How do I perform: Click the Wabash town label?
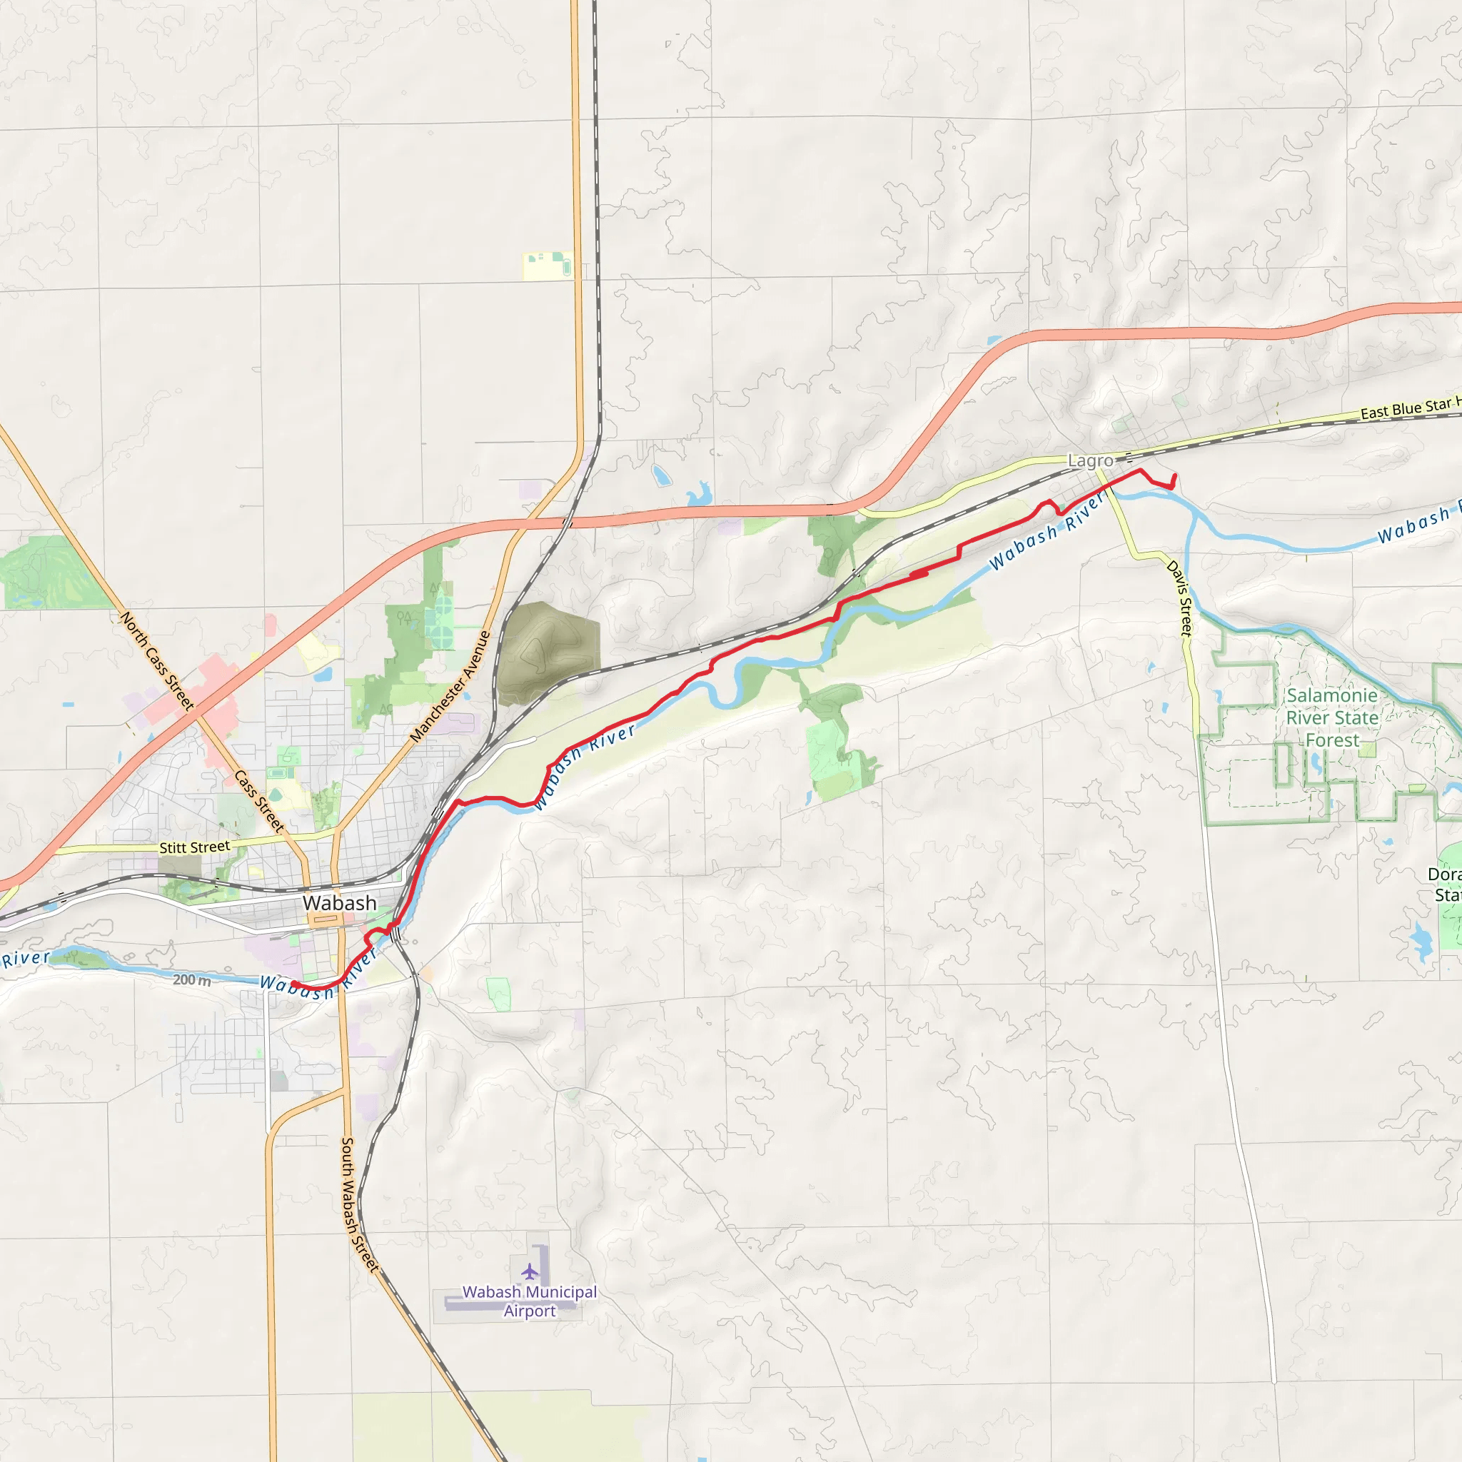pos(339,903)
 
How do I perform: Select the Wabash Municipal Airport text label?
pos(530,1301)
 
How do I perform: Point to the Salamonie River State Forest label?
pos(1332,717)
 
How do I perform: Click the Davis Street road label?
pos(1180,598)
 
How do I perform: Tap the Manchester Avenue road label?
pos(450,685)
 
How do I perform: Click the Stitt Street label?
pos(194,847)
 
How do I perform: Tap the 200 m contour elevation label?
pos(192,980)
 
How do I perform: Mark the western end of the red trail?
pos(293,984)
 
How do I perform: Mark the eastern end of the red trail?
pos(1174,475)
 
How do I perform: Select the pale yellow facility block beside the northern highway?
pos(548,266)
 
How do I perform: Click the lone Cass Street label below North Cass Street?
pos(258,802)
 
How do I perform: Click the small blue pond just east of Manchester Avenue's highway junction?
pos(661,475)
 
